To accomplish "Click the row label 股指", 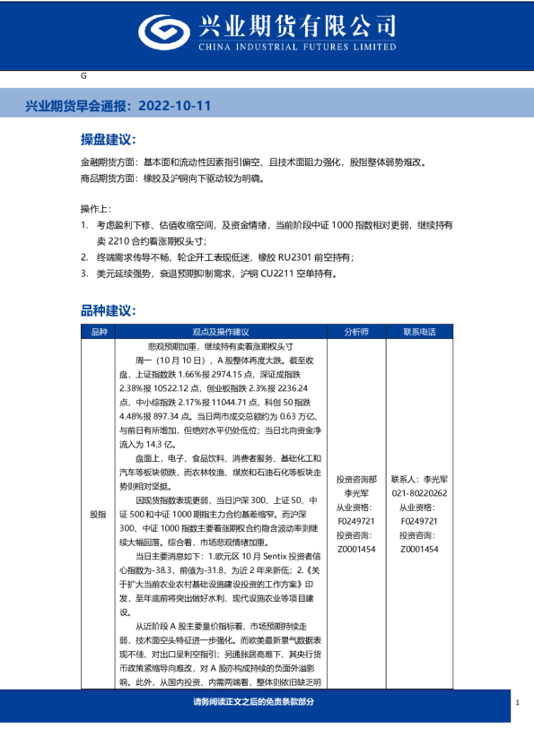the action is tap(98, 516).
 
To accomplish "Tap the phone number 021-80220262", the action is tap(419, 493).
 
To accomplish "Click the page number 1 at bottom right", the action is tap(519, 702).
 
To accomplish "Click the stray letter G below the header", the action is tap(83, 78).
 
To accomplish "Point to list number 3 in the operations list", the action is tap(84, 273).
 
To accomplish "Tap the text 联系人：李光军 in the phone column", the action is tap(419, 480).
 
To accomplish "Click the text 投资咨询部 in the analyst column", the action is tap(356, 480).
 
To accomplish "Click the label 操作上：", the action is tap(97, 209).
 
